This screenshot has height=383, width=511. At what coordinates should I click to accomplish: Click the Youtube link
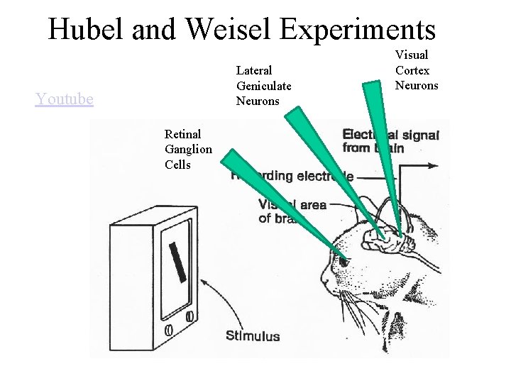click(x=64, y=99)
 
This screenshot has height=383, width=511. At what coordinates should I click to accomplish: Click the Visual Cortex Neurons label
click(x=417, y=70)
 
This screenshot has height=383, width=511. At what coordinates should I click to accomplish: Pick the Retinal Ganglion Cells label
click(x=187, y=149)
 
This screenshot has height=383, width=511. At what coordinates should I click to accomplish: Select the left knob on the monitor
click(x=169, y=330)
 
